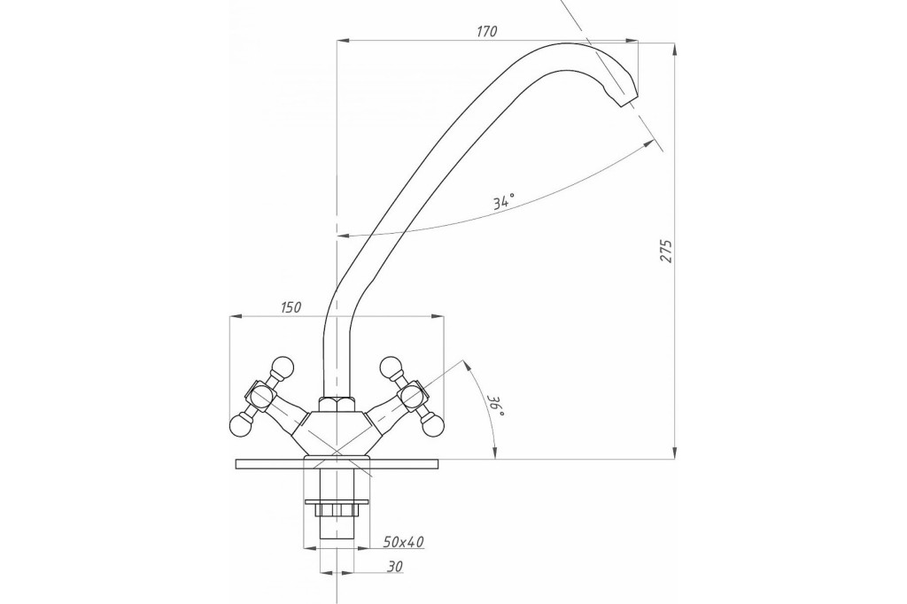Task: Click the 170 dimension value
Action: tap(486, 31)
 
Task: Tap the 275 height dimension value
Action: tap(667, 251)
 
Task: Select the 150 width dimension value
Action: tap(291, 307)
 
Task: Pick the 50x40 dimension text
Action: tap(404, 541)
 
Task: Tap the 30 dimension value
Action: tap(395, 567)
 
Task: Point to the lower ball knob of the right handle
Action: tap(433, 426)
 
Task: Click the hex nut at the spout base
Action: tap(336, 403)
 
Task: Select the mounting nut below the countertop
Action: tap(336, 510)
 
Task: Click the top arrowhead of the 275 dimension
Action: tap(674, 50)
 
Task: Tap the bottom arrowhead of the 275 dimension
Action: tap(674, 453)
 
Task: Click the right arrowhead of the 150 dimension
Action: tap(438, 316)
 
